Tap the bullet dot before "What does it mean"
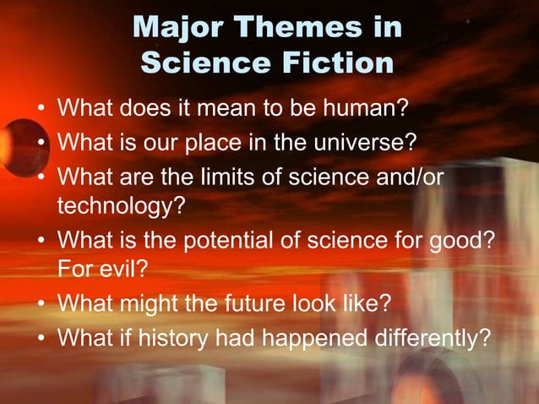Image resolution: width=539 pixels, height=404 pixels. tap(41, 110)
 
